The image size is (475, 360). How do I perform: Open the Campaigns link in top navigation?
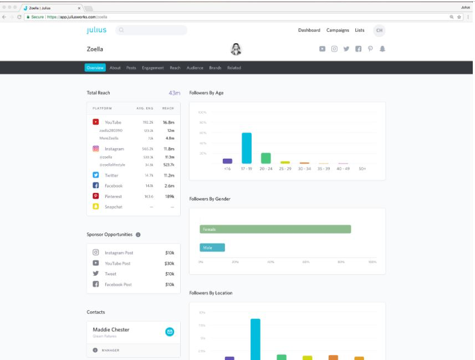[x=338, y=30]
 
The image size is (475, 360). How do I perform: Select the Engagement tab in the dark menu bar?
[x=152, y=68]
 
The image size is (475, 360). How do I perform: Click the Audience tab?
[x=195, y=68]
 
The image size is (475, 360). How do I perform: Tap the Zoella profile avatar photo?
[x=235, y=49]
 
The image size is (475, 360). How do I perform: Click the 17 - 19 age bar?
[x=247, y=148]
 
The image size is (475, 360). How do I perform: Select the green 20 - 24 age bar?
[x=266, y=158]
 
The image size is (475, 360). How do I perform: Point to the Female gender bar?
[x=275, y=229]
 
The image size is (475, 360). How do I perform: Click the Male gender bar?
[x=212, y=247]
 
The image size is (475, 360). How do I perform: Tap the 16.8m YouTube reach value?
[x=168, y=122]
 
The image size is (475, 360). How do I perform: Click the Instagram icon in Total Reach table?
[x=95, y=149]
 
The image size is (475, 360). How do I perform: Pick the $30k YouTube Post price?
[x=170, y=263]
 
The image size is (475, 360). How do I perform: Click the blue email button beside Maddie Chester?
[x=170, y=332]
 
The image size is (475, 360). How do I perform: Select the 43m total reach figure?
[x=174, y=93]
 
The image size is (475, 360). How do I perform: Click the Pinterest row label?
[x=114, y=196]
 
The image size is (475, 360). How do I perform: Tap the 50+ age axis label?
[x=362, y=169]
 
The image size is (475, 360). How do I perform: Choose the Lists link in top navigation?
[x=360, y=30]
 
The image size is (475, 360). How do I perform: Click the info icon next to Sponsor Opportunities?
[x=138, y=235]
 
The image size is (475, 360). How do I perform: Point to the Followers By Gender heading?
[x=210, y=199]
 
